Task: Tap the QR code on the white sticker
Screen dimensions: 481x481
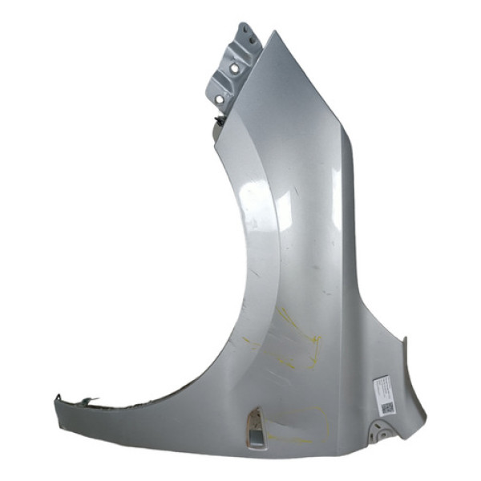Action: coord(386,406)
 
